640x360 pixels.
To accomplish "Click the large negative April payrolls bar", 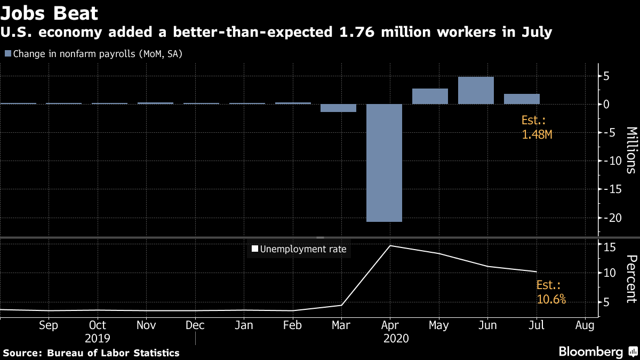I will click(384, 163).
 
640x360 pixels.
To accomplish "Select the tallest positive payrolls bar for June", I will click(476, 91).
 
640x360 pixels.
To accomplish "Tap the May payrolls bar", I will click(430, 97).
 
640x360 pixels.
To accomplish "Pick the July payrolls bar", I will click(522, 99).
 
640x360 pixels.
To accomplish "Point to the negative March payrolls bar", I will click(338, 108).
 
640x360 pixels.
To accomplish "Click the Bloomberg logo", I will click(590, 352).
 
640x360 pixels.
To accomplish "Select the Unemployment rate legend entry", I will click(299, 249).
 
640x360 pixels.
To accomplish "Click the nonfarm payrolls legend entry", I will click(93, 53).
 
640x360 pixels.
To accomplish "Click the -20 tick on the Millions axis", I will click(609, 218).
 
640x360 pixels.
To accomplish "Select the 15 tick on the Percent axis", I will click(610, 247).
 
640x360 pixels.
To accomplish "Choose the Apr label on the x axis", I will click(390, 325).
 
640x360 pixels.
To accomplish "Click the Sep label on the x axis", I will click(49, 325).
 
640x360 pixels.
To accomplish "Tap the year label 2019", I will click(97, 339).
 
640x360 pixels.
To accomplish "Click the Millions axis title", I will click(631, 150).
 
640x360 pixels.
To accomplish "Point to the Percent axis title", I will click(631, 278).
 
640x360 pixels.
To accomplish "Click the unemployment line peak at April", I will click(390, 246).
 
